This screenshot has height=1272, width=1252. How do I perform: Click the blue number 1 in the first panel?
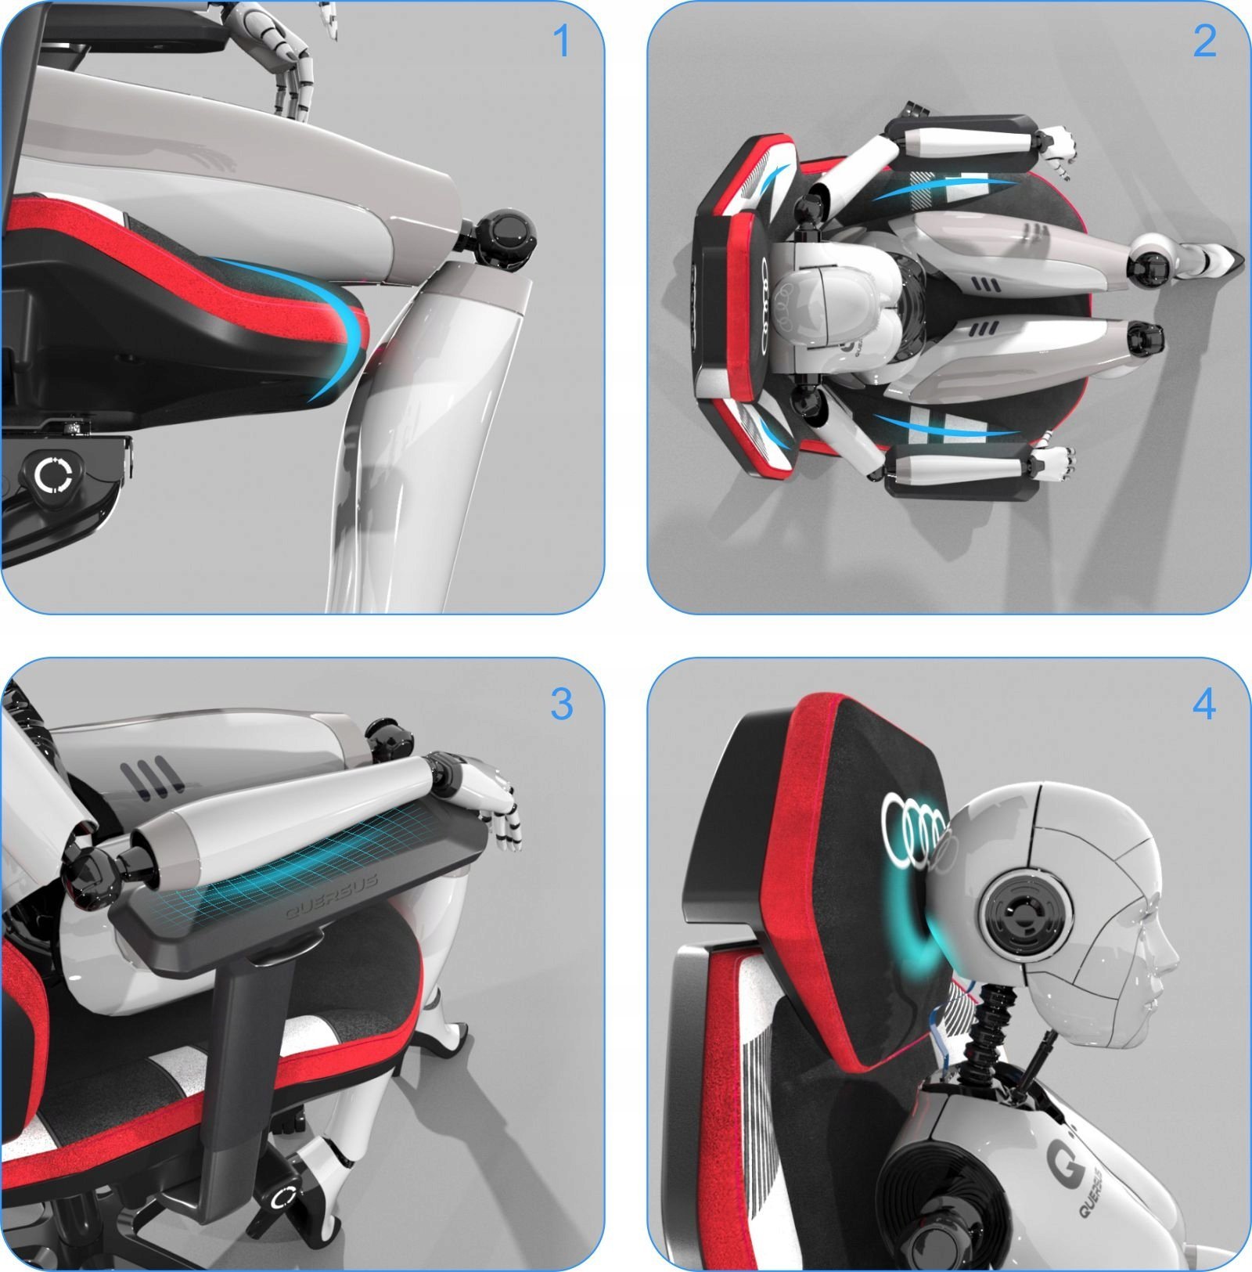pos(561,41)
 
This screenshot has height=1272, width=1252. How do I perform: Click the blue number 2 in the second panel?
pos(1204,41)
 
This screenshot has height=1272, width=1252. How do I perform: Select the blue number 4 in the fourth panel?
pos(1204,704)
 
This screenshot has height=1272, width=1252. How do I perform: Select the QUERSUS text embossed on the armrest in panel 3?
pos(332,895)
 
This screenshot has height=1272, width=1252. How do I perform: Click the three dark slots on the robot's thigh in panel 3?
pos(153,776)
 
